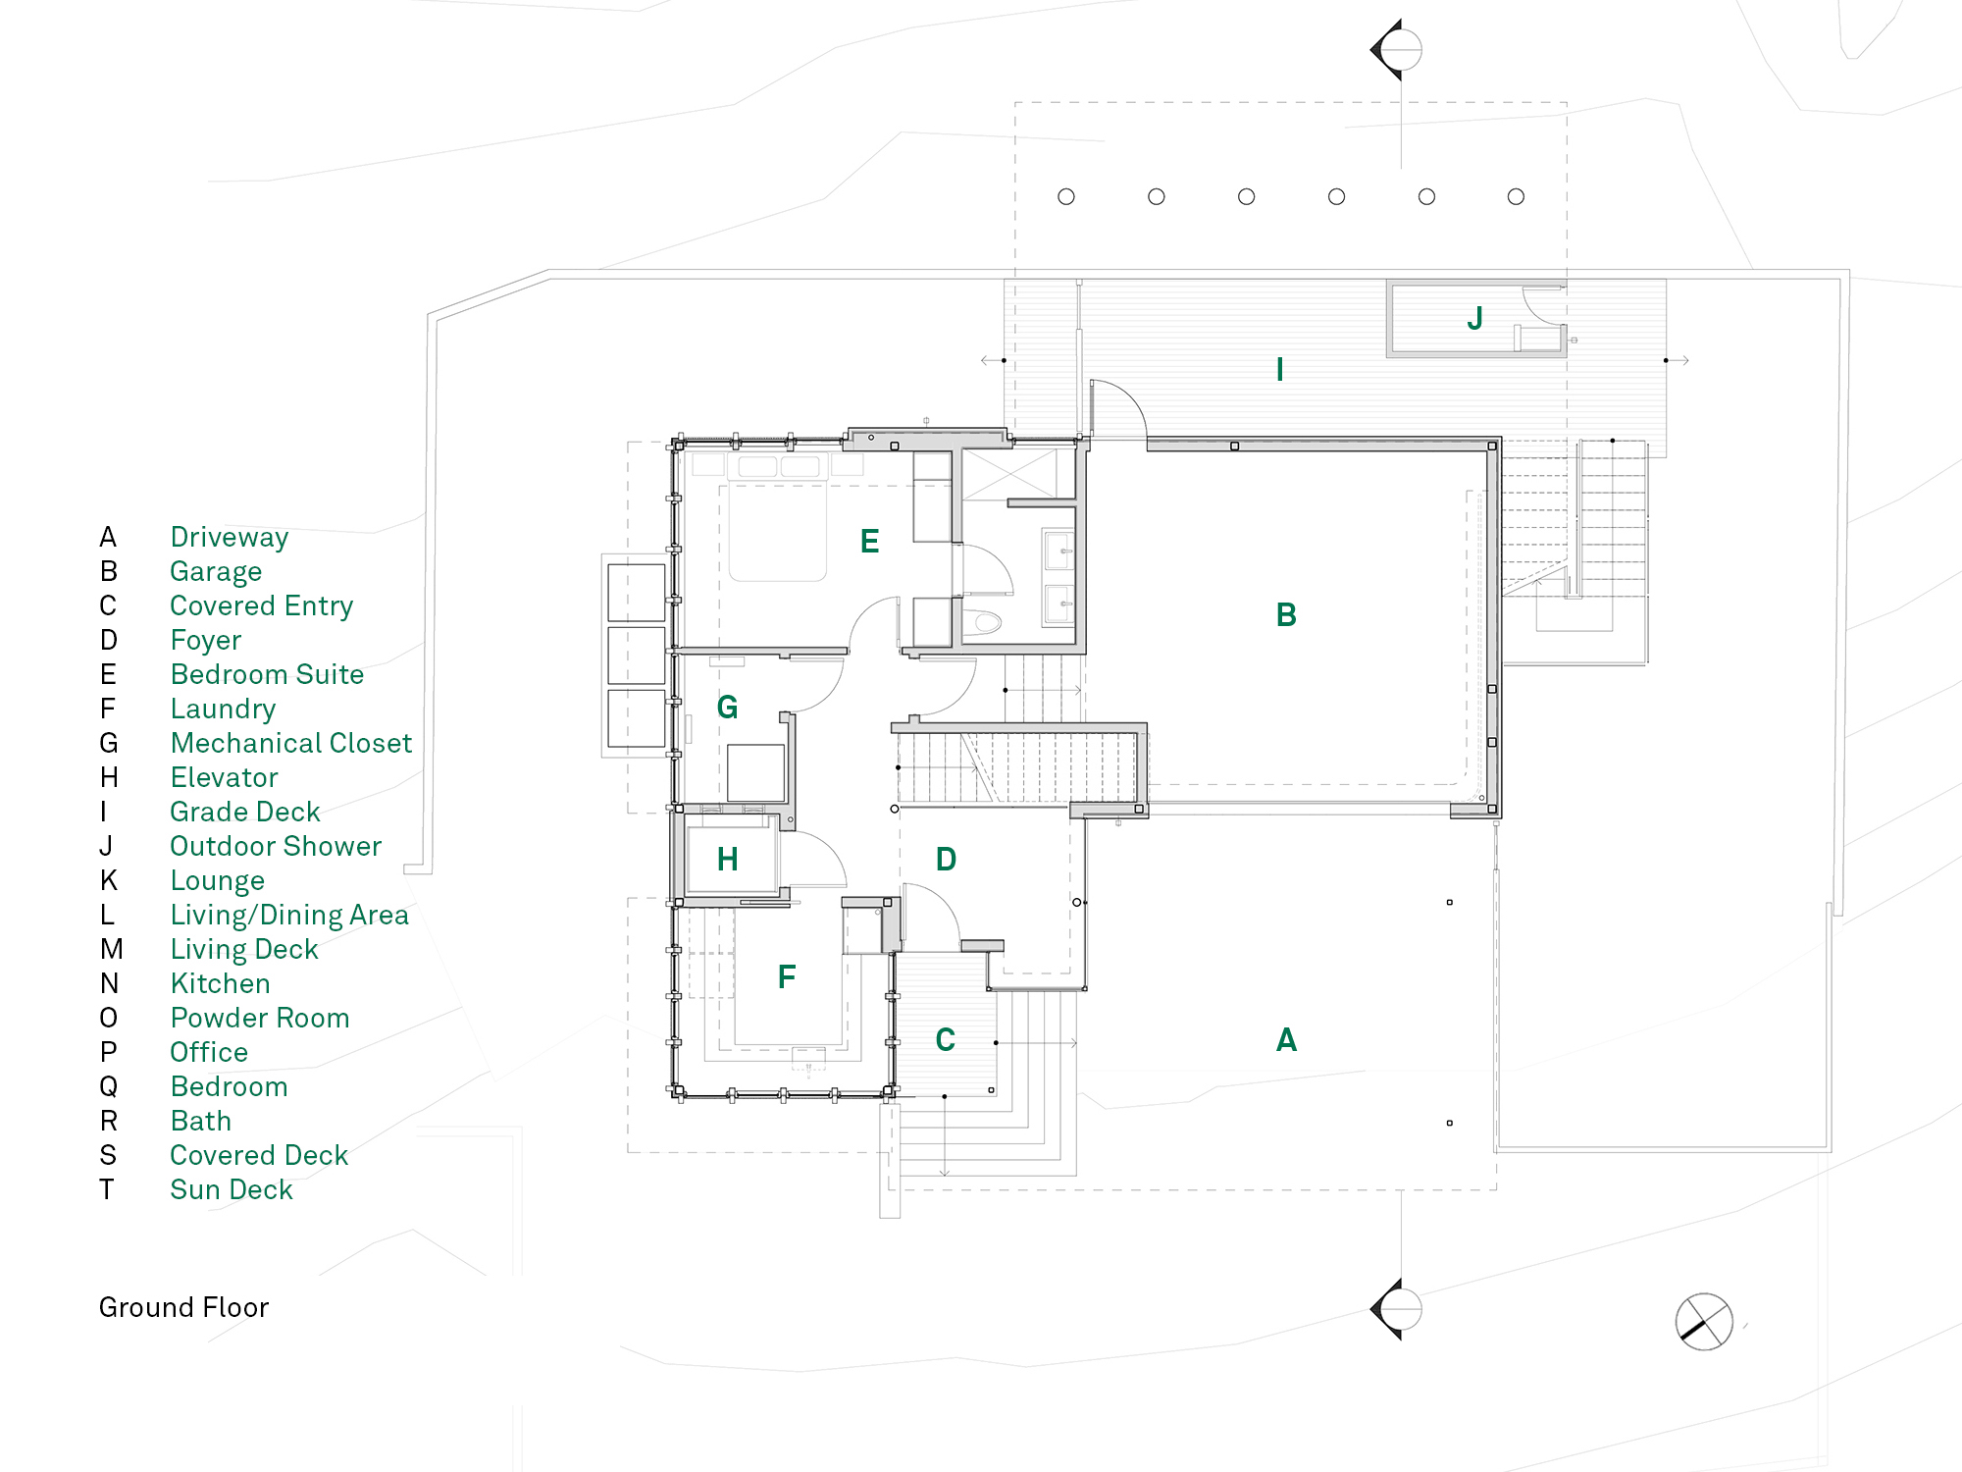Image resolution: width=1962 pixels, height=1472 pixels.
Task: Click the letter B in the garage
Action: tap(1286, 615)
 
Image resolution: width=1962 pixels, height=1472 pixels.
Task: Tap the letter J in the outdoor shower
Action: tap(1474, 318)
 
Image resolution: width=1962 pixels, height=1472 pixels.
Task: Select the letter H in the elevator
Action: tap(727, 860)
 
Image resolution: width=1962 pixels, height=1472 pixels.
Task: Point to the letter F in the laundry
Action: tap(786, 977)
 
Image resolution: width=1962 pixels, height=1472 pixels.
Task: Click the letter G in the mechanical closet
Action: tap(727, 708)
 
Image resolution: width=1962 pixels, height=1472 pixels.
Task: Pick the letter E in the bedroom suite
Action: tap(869, 542)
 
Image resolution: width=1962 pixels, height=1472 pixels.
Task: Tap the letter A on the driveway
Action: tap(1286, 1040)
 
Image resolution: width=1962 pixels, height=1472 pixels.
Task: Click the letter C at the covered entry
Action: tap(945, 1040)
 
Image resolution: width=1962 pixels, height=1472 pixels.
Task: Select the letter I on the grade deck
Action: tap(1279, 370)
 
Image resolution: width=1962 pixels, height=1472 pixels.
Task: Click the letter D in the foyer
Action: tap(946, 860)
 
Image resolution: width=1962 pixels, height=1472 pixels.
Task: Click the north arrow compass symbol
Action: tap(1704, 1322)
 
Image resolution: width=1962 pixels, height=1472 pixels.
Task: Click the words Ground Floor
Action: tap(183, 1308)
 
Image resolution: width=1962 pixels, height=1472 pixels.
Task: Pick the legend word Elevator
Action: tap(224, 778)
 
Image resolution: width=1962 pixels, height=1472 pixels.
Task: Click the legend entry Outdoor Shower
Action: tap(275, 847)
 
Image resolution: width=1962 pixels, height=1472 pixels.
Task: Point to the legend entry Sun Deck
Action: tap(231, 1190)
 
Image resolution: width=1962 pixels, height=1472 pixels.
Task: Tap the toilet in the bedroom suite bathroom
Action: tap(983, 622)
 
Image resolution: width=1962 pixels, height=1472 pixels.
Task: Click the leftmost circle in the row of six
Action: tap(1066, 197)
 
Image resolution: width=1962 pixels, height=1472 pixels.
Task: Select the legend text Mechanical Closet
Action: tap(290, 744)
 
